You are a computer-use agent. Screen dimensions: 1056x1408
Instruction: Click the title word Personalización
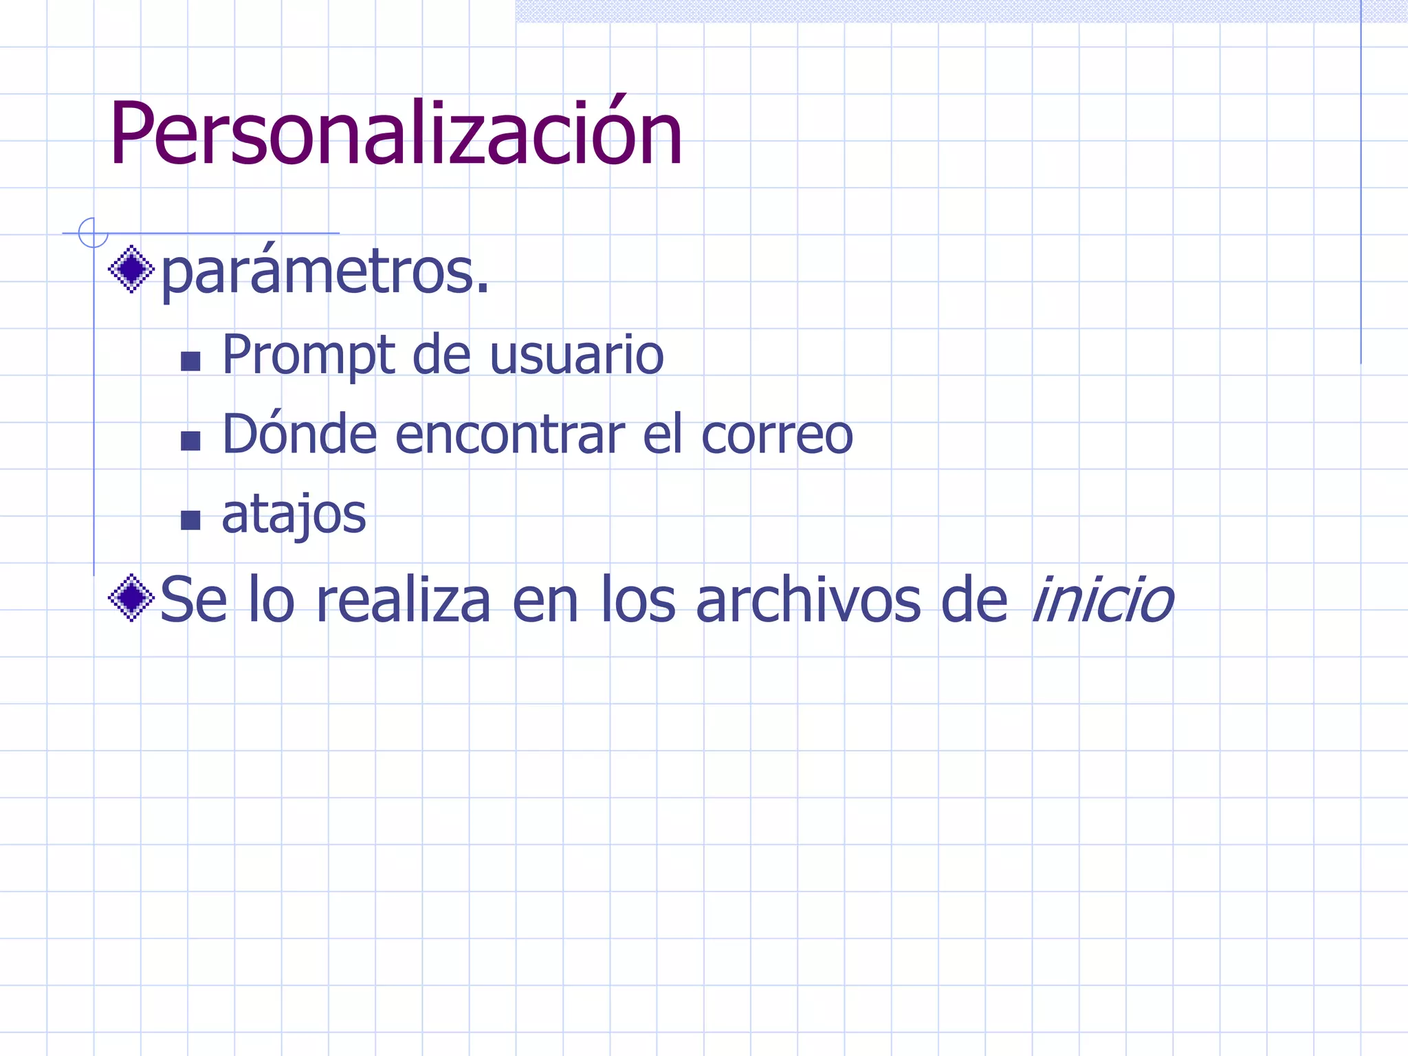(395, 134)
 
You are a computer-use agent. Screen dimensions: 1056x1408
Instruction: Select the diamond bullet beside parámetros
(131, 269)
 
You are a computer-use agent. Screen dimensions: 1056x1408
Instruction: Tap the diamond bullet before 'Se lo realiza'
(131, 598)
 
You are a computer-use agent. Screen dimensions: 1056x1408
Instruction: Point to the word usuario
(576, 356)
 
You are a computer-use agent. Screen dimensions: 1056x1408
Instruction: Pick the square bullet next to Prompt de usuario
(190, 361)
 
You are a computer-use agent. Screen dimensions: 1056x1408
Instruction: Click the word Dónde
(300, 434)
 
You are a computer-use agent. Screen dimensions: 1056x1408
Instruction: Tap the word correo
(777, 436)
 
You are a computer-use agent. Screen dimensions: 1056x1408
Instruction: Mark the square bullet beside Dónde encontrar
(190, 441)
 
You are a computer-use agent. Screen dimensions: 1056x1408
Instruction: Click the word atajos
(294, 515)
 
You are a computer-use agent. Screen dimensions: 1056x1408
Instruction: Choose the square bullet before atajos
(190, 520)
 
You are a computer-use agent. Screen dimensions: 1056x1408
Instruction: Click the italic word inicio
(1102, 599)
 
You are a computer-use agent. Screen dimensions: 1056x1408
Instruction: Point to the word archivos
(808, 599)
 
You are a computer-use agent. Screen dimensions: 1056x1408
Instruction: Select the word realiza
(403, 599)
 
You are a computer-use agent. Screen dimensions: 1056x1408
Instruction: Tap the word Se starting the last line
(193, 599)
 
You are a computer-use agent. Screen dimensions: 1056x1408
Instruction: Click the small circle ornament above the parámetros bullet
(93, 232)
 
